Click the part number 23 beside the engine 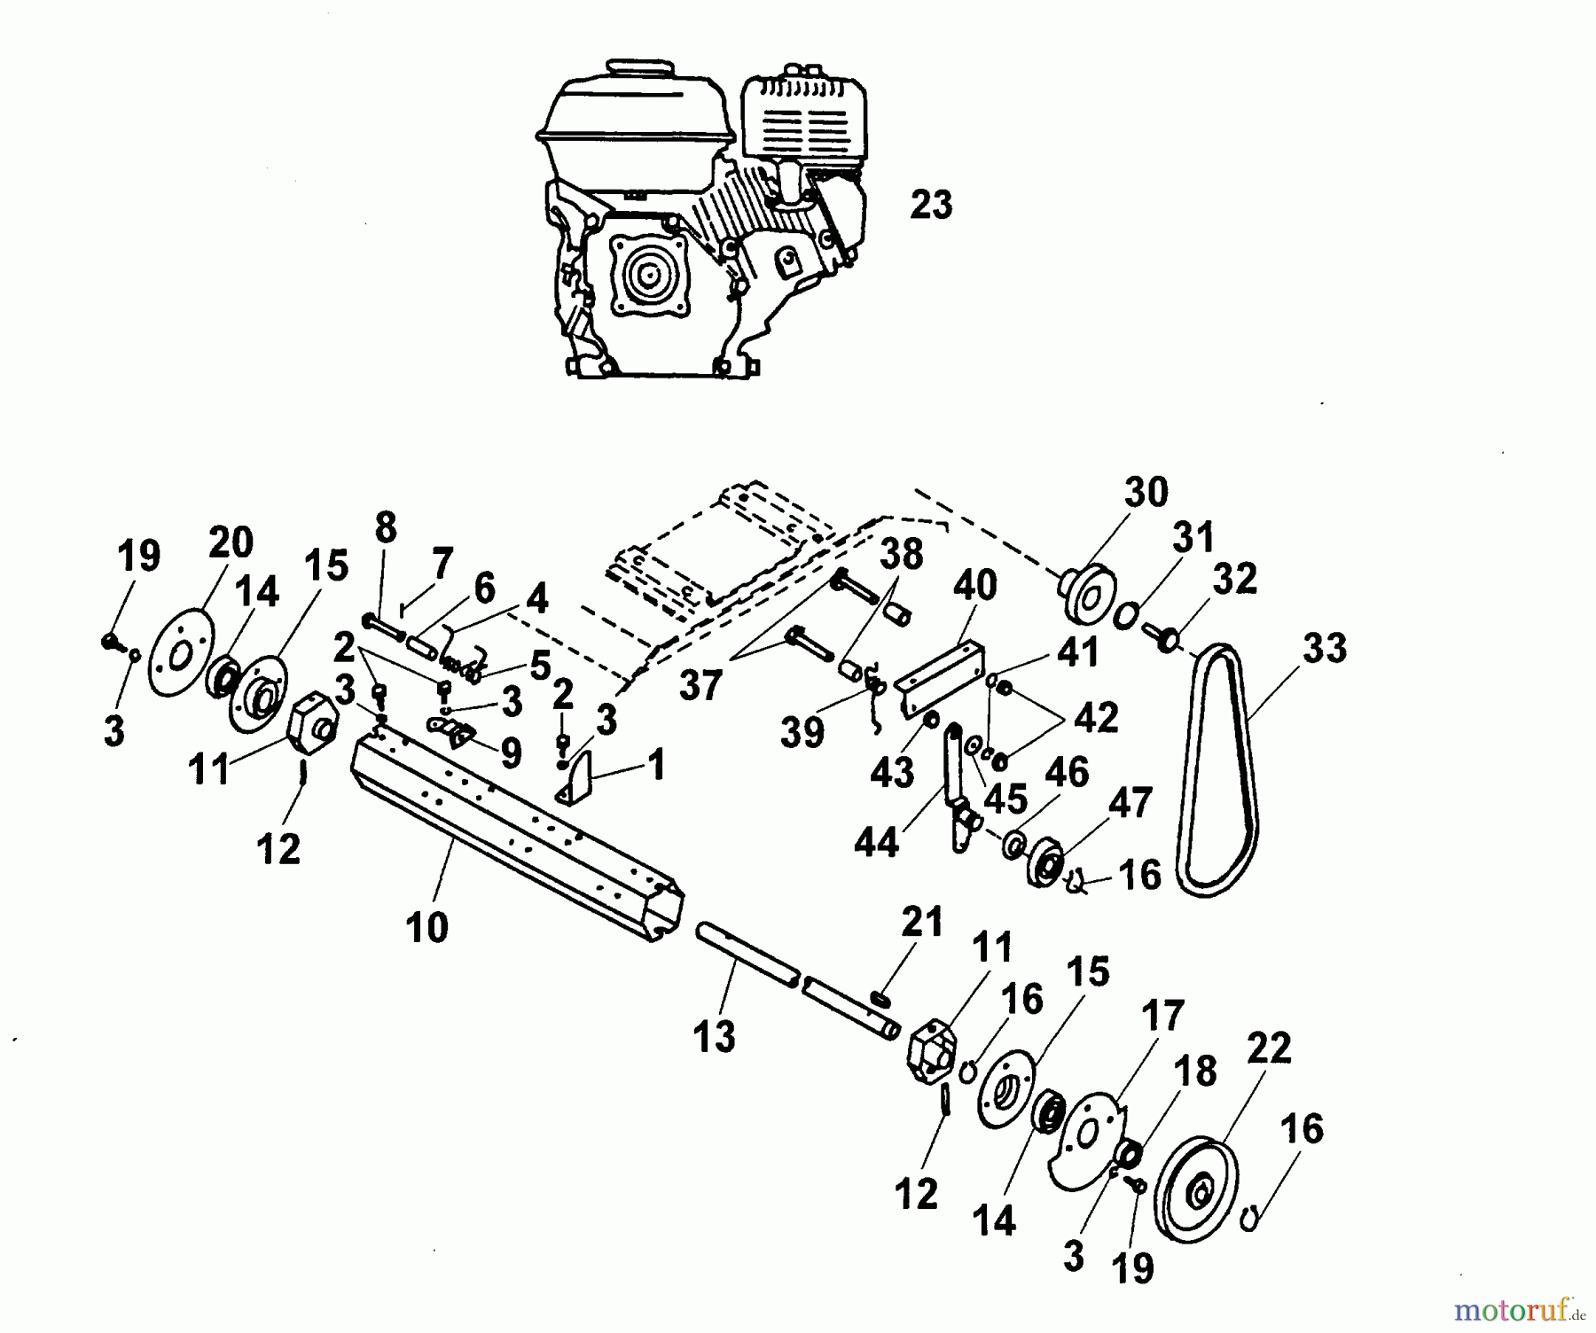coord(931,205)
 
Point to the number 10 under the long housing coord(427,927)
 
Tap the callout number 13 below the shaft coord(715,1035)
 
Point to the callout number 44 coord(876,841)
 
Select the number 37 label coord(700,686)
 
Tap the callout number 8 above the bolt coord(385,528)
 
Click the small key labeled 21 coord(881,1000)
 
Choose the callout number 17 coord(1162,1017)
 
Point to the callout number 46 coord(1066,772)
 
